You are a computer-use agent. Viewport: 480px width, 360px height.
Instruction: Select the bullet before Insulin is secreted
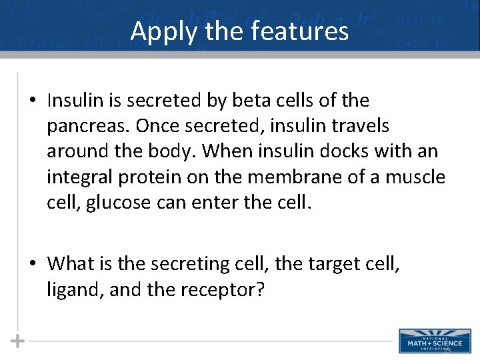point(33,101)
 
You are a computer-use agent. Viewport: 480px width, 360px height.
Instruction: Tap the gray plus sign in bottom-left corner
point(17,341)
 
